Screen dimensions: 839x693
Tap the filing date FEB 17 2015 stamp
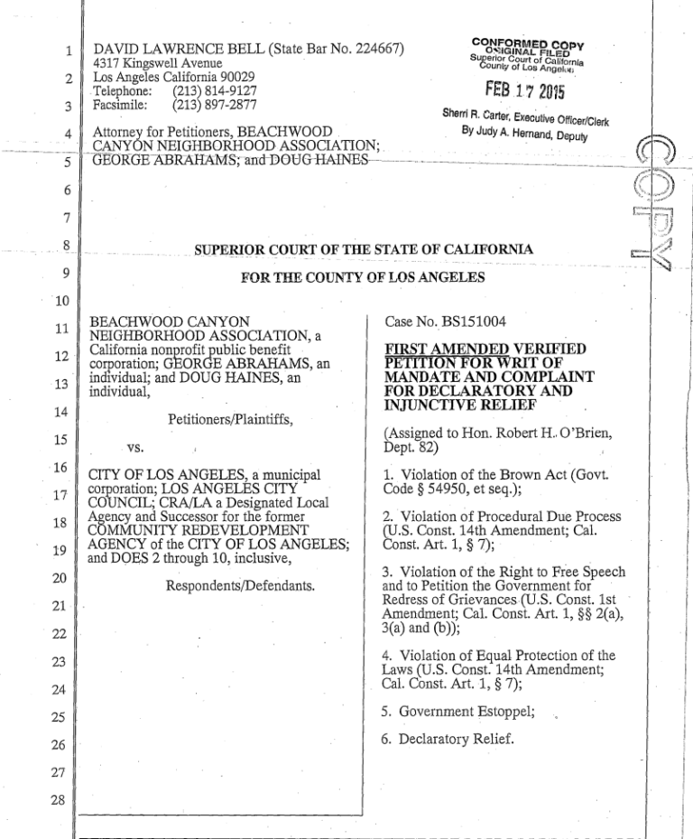click(524, 92)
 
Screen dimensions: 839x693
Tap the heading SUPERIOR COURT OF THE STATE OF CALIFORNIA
click(364, 248)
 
